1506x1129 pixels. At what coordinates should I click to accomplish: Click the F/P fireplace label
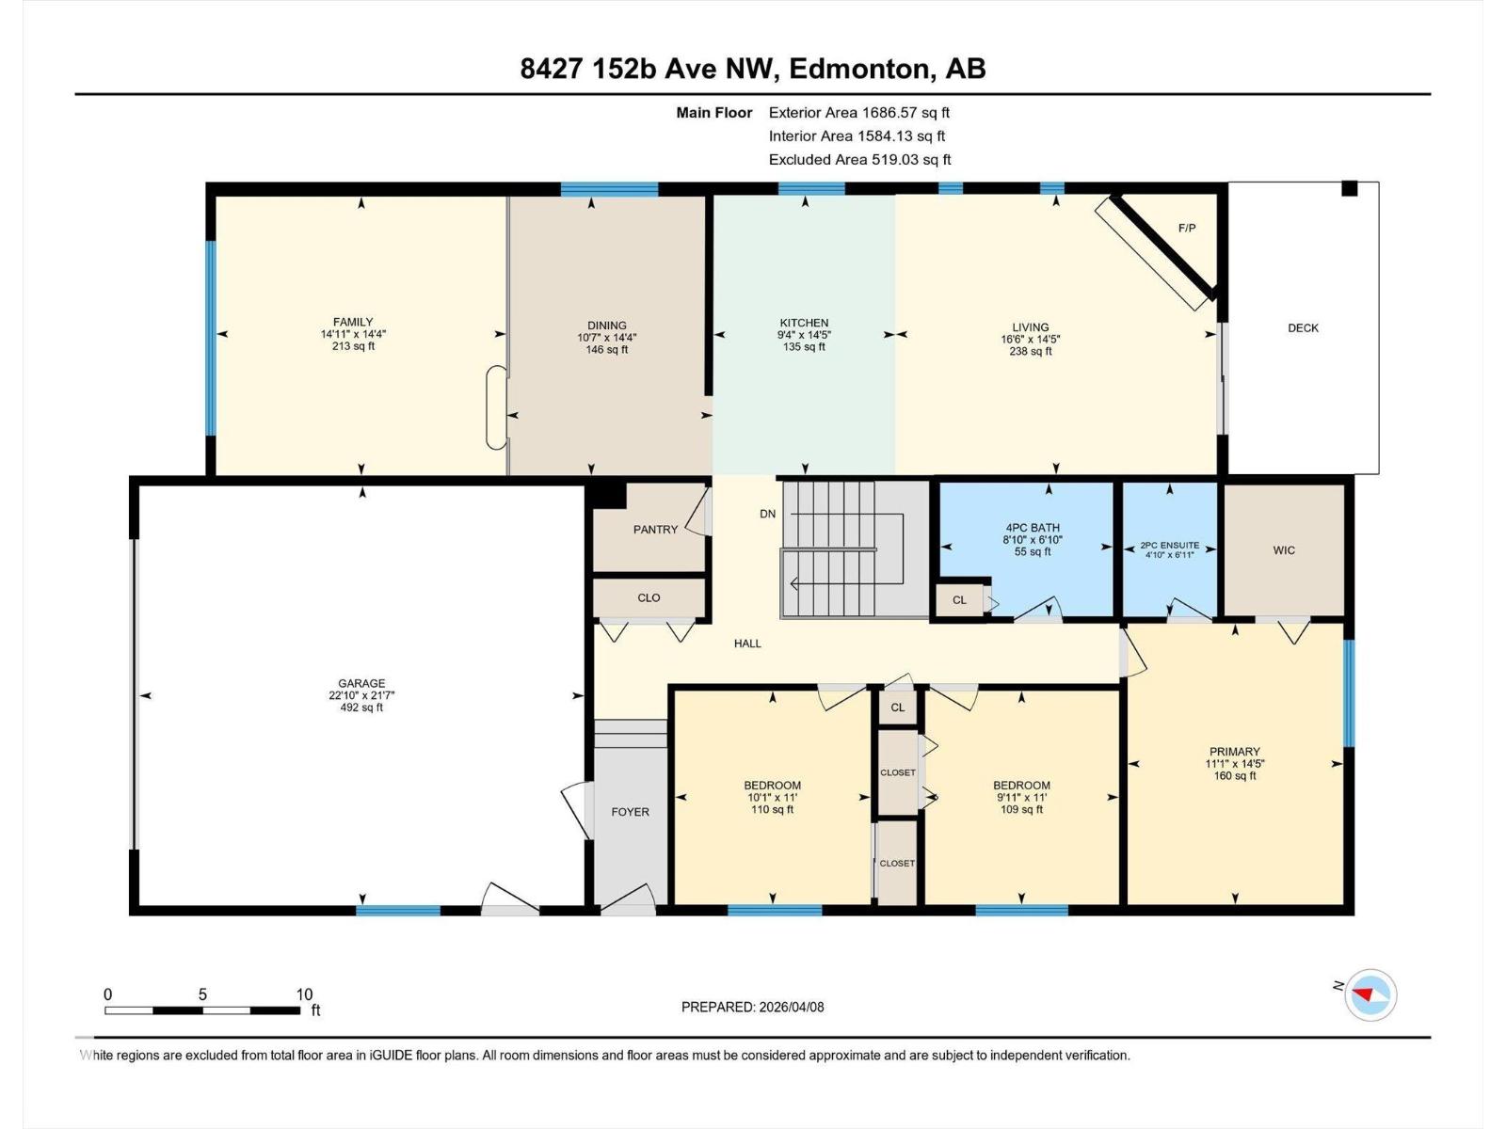click(x=1187, y=229)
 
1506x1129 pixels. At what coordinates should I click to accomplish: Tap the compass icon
click(x=1370, y=994)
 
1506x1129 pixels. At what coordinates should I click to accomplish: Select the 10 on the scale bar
click(x=304, y=994)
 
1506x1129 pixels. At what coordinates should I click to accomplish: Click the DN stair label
click(x=768, y=514)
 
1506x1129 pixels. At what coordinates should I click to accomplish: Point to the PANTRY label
click(x=655, y=530)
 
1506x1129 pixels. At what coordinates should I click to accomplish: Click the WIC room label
click(x=1284, y=550)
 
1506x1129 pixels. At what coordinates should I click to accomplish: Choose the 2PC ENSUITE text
click(x=1169, y=545)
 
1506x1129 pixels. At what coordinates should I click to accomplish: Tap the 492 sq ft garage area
click(x=361, y=708)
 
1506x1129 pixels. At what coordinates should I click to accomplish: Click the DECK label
click(x=1303, y=328)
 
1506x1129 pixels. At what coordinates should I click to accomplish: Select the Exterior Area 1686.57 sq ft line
click(x=858, y=113)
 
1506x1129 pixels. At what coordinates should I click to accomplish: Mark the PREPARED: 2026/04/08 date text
click(x=752, y=1007)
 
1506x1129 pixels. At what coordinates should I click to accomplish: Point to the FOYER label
click(x=630, y=812)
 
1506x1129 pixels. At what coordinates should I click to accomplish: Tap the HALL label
click(x=747, y=644)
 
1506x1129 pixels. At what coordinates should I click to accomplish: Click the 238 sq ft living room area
click(x=1030, y=351)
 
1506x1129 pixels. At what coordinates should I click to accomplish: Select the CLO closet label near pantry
click(x=649, y=597)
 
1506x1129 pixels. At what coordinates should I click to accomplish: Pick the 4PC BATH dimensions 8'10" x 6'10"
click(x=1033, y=540)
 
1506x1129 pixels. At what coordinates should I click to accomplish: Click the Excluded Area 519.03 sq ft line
click(x=859, y=160)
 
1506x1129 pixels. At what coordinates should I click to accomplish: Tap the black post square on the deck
click(x=1349, y=188)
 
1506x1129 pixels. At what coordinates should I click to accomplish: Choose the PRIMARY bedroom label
click(x=1234, y=752)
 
